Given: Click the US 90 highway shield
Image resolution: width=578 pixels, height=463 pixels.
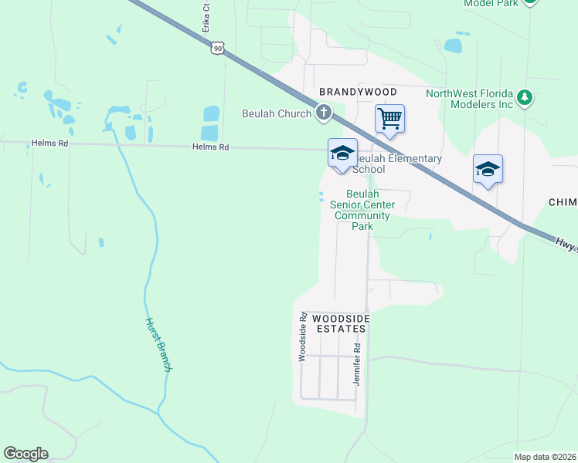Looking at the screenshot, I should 219,48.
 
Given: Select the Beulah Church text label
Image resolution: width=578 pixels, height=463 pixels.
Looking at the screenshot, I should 277,113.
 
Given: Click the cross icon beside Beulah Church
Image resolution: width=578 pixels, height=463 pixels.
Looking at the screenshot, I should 324,113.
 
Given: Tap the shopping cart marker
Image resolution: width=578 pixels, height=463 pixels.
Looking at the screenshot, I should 390,119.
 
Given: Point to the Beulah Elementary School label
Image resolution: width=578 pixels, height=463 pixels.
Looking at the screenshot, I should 397,164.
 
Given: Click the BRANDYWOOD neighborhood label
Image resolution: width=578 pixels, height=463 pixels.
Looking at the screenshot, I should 358,92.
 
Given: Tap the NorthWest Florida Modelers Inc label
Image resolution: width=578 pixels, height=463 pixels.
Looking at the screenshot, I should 470,99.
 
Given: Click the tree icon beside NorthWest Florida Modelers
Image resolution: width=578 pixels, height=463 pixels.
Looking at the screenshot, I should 525,97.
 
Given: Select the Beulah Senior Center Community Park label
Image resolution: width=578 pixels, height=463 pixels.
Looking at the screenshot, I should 362,210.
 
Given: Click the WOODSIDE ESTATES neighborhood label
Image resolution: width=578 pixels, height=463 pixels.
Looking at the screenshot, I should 341,323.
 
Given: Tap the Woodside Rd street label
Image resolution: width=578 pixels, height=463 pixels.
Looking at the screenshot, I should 304,336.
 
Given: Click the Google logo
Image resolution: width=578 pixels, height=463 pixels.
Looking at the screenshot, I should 25,454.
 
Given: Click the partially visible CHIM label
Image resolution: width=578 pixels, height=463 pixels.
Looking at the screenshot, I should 563,201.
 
